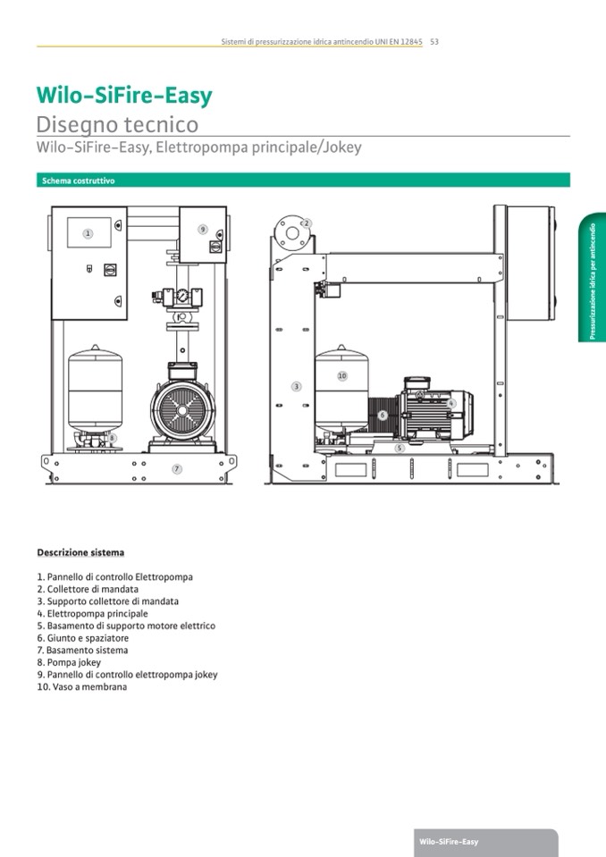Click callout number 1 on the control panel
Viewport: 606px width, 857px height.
point(88,233)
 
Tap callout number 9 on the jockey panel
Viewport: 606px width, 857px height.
point(203,230)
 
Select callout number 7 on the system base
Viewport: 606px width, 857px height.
point(177,468)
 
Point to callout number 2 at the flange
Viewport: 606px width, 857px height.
point(306,223)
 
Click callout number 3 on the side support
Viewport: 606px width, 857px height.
point(296,386)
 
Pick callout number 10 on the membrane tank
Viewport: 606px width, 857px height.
point(341,376)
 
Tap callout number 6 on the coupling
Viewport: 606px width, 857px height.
point(382,415)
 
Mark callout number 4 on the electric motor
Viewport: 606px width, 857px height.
point(451,404)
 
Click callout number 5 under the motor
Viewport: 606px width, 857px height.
point(400,448)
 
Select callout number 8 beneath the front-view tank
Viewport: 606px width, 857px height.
point(112,438)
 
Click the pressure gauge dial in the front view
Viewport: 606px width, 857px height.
point(182,296)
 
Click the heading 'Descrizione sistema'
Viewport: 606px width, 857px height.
point(80,552)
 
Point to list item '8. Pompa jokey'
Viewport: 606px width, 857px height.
point(69,662)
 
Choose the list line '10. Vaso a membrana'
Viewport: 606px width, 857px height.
point(81,687)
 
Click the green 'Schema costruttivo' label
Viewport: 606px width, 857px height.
point(79,181)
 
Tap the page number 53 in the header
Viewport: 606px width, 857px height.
point(433,41)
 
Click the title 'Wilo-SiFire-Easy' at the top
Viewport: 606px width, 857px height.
point(124,96)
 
